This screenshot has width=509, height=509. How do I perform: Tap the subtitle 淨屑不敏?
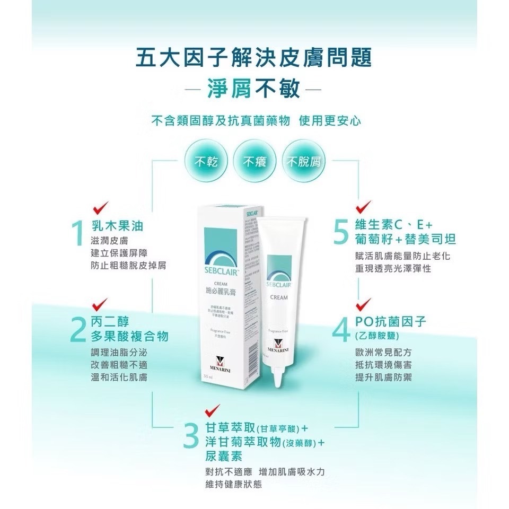click(254, 88)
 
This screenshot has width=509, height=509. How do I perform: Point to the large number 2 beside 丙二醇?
click(78, 330)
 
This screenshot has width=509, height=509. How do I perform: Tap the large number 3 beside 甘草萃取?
click(190, 435)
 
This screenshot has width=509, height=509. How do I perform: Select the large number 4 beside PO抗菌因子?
click(340, 330)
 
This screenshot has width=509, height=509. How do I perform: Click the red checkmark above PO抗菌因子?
click(363, 304)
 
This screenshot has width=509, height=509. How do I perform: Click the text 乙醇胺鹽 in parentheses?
click(376, 336)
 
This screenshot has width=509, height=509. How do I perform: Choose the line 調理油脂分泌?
click(120, 353)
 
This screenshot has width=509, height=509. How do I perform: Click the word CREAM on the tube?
click(279, 297)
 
